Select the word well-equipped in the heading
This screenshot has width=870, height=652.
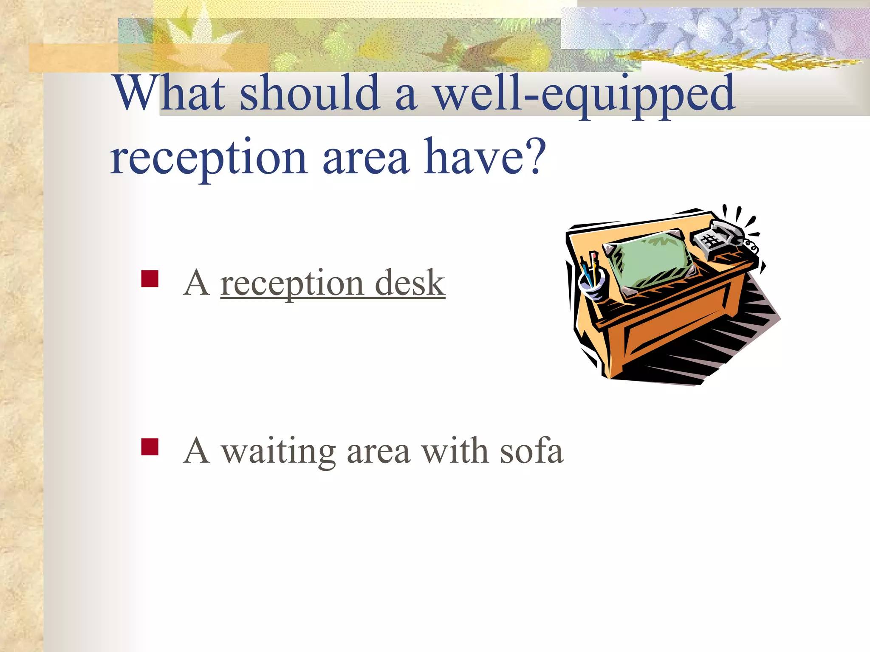(584, 94)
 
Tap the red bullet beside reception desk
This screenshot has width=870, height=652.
(150, 279)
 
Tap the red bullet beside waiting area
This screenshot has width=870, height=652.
(150, 447)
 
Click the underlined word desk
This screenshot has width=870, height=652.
(410, 283)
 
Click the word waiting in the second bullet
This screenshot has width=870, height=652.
(279, 452)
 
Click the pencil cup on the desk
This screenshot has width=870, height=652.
(593, 282)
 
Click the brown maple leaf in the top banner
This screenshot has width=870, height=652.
(467, 53)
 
